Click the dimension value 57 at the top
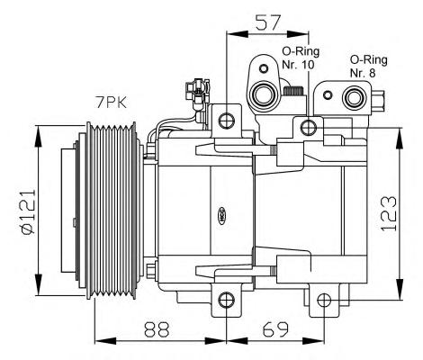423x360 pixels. (267, 22)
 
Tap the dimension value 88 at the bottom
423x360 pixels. (157, 328)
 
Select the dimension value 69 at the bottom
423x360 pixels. (275, 328)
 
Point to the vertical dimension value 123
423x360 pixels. (389, 213)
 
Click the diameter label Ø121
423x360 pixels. (28, 211)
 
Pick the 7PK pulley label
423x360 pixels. (112, 103)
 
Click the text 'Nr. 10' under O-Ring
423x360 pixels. (298, 65)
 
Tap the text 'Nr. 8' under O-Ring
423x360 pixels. (363, 73)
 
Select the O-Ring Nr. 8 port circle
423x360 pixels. (355, 98)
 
